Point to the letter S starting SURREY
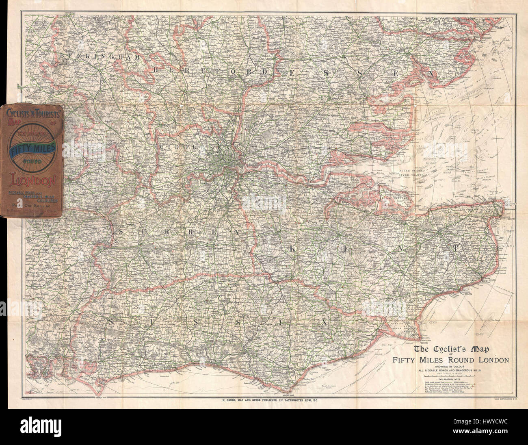(121, 231)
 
